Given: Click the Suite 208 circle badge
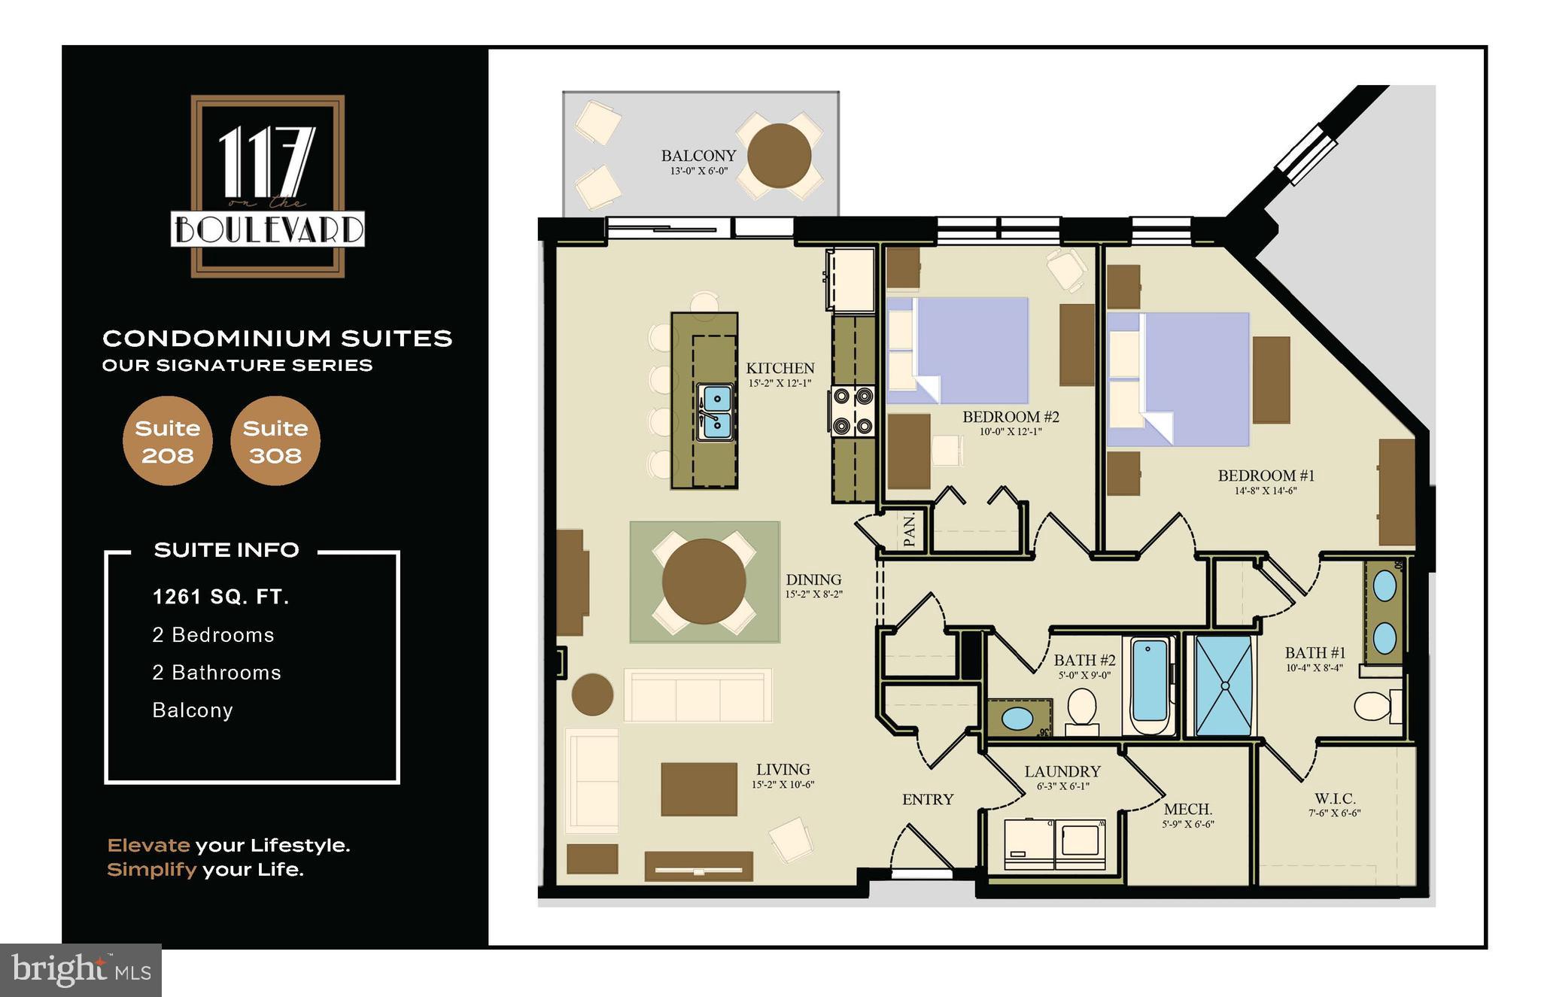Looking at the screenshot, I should tap(167, 441).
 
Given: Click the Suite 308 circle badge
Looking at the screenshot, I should tap(275, 441).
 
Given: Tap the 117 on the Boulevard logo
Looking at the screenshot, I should tap(268, 186).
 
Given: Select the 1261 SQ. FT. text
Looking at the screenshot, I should tap(220, 597).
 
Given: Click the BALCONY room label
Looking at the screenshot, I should tap(698, 156).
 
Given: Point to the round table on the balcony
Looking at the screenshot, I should tap(779, 156).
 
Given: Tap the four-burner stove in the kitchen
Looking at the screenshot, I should tap(853, 411).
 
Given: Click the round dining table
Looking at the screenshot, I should tap(704, 581).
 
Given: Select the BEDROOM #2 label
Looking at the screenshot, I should tap(1011, 417).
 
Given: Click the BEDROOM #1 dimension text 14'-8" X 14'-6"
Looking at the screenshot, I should tap(1265, 491).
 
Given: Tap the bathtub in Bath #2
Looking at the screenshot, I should tap(1149, 685).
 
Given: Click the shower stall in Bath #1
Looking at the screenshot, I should tap(1223, 685).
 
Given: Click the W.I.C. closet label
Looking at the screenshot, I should tap(1335, 798).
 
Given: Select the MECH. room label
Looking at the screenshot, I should tap(1187, 810).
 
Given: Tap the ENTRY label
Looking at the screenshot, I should tap(928, 800).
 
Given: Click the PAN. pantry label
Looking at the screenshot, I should tap(909, 530).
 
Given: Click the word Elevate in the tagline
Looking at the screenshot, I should tap(148, 846).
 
